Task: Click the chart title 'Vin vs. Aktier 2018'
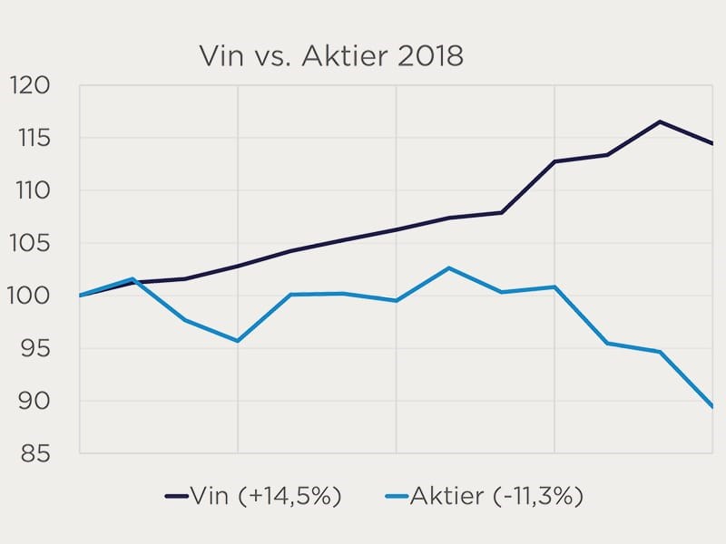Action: pos(331,56)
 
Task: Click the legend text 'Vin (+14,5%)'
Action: pos(265,496)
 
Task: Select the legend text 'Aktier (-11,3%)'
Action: pos(496,496)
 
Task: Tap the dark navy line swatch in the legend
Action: pos(175,496)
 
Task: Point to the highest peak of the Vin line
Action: pos(660,121)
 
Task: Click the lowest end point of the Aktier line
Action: pos(712,407)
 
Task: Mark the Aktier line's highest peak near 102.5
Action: pos(448,267)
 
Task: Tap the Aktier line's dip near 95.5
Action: pos(237,341)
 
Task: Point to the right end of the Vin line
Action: pos(712,143)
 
